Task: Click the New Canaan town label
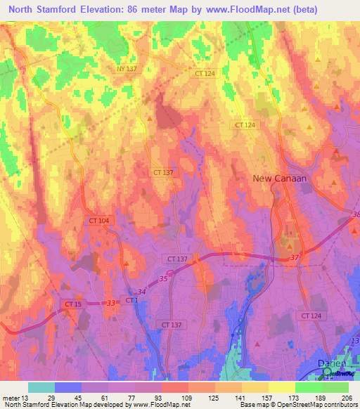click(x=281, y=178)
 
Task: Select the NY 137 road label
click(x=127, y=68)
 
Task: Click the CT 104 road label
click(x=99, y=221)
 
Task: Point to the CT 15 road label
click(x=74, y=304)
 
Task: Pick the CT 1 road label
click(x=131, y=300)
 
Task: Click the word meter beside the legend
click(x=11, y=398)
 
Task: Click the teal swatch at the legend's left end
click(x=41, y=387)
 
